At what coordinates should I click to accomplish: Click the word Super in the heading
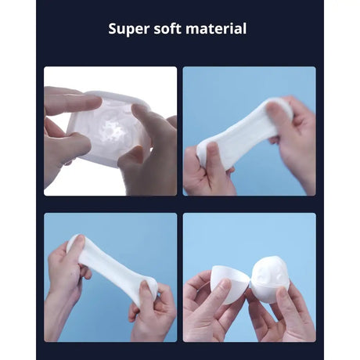point(128,30)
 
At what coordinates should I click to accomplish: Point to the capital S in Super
point(113,30)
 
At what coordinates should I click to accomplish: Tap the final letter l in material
point(245,30)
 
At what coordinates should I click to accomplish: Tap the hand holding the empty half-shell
point(205,301)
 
